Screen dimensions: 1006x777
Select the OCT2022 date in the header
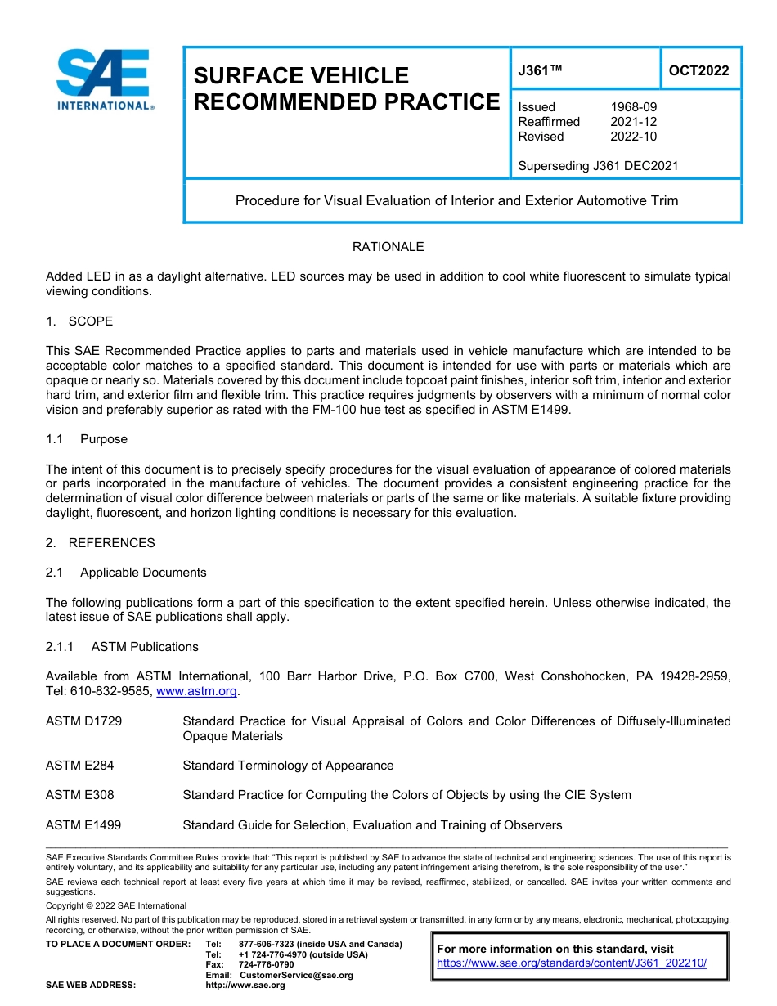click(x=698, y=70)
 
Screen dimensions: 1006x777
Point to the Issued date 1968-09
click(x=633, y=107)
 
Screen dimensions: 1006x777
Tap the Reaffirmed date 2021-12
click(x=633, y=122)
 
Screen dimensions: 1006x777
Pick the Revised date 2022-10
click(x=633, y=137)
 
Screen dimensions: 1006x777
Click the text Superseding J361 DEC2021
click(x=598, y=166)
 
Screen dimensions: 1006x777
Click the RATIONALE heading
click(x=388, y=247)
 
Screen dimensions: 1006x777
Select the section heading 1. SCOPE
click(x=79, y=321)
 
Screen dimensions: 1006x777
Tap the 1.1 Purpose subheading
click(x=87, y=439)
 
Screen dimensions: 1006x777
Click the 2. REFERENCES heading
click(x=100, y=543)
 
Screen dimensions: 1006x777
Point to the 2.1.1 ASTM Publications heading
click(x=122, y=647)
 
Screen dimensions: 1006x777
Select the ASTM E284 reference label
click(x=80, y=766)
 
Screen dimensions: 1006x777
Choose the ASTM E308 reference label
click(x=80, y=795)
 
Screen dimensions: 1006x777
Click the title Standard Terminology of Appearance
click(x=288, y=766)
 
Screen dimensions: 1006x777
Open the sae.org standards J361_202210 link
click(x=571, y=963)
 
